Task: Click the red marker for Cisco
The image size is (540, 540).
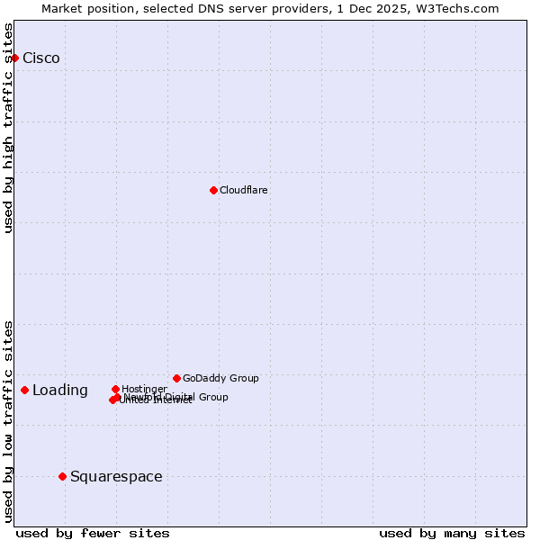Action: (14, 58)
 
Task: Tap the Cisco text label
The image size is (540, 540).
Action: (41, 58)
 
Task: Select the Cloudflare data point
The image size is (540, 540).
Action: (213, 190)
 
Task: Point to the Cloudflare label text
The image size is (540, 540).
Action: (244, 190)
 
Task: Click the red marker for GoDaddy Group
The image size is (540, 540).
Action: (176, 378)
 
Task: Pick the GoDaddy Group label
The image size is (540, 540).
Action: (220, 378)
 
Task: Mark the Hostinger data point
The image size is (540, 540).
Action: (115, 389)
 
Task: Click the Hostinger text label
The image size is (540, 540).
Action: (144, 389)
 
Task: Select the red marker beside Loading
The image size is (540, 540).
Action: (24, 390)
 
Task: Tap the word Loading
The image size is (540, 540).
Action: (60, 391)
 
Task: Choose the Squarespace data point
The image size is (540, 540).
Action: (62, 476)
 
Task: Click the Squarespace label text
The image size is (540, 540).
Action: (116, 477)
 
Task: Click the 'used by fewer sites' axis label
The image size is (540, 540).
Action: (93, 533)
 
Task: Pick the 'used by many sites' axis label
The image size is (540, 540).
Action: (452, 533)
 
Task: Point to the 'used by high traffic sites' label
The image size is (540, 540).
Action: (9, 128)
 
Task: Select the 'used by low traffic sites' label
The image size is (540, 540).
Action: (9, 420)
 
